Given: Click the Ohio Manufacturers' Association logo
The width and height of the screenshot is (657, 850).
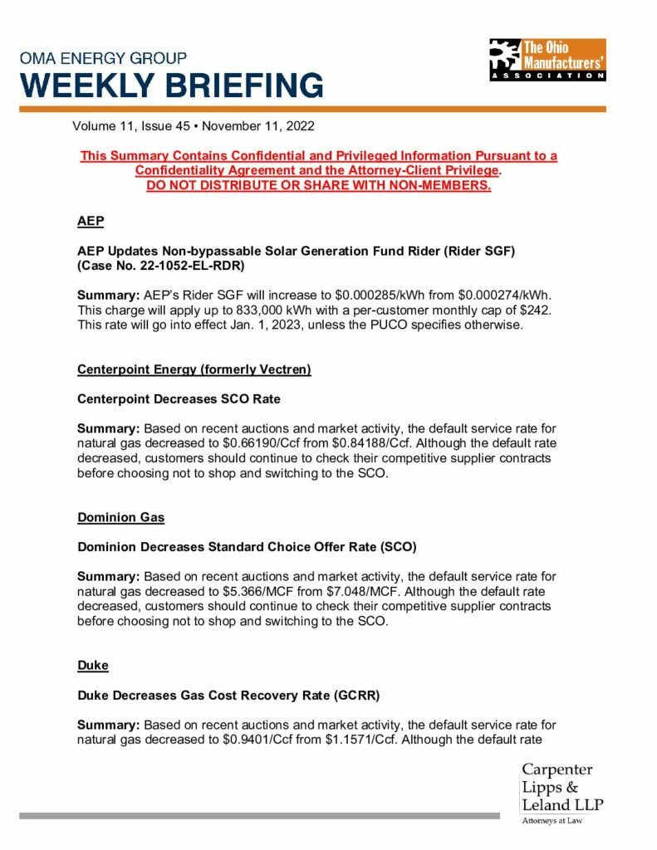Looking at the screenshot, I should click(547, 60).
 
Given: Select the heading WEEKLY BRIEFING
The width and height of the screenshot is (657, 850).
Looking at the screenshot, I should click(172, 85).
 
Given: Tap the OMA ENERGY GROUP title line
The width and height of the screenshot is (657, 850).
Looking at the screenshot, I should click(104, 59).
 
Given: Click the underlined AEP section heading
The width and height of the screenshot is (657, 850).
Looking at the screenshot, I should click(91, 221).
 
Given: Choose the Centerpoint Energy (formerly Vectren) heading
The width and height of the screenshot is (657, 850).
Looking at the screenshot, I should click(194, 369).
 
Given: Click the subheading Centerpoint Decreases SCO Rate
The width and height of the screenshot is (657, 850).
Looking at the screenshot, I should click(179, 398).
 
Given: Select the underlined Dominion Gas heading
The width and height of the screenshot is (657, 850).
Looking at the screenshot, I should click(121, 517).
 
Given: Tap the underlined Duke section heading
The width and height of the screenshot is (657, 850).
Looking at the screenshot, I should click(93, 666).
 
